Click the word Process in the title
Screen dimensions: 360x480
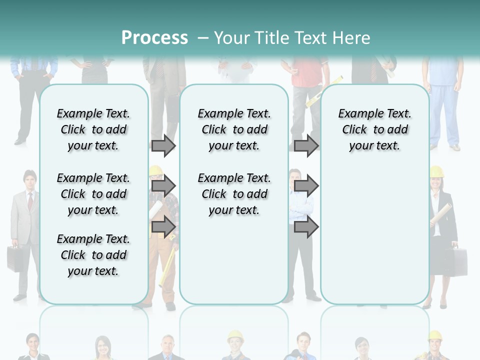tap(154, 37)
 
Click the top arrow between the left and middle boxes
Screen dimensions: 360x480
tap(163, 145)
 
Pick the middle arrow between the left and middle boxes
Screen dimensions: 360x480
tap(163, 186)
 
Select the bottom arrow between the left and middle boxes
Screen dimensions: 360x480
tap(163, 227)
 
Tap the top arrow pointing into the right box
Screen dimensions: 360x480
tap(306, 145)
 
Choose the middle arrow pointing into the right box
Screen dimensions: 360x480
tap(306, 186)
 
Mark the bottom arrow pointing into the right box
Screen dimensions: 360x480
tap(306, 227)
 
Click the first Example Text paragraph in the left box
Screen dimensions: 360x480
tap(93, 129)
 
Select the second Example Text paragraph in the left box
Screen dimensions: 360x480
tap(93, 194)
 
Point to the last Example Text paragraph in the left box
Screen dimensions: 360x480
tap(93, 255)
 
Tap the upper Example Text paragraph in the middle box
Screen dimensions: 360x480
tap(234, 129)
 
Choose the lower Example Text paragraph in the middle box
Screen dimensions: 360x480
tap(234, 194)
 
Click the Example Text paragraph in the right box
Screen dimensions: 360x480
tap(375, 129)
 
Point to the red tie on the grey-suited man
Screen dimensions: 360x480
tap(30, 201)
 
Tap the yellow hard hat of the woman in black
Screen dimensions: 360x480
tap(436, 171)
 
